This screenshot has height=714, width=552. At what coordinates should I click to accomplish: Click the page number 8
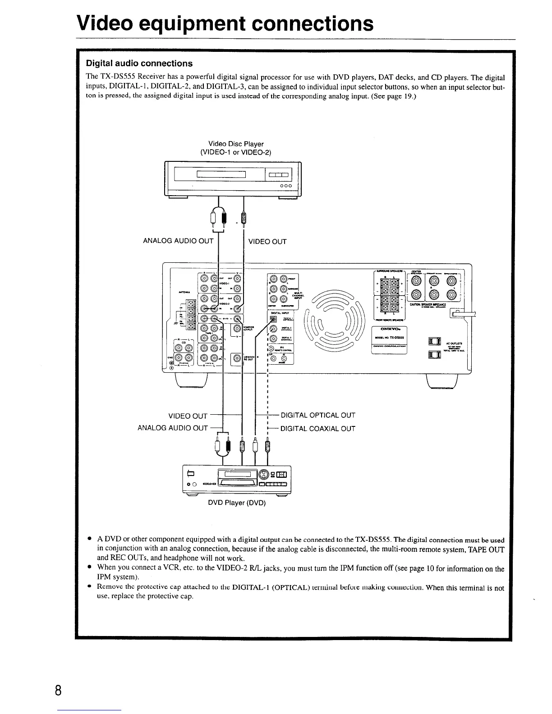pyautogui.click(x=57, y=691)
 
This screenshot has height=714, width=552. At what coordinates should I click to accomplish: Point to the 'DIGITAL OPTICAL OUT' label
pyautogui.click(x=318, y=415)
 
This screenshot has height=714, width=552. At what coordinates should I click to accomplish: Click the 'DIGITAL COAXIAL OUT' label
pyautogui.click(x=318, y=429)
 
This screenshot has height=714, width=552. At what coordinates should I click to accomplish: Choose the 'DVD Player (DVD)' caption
pyautogui.click(x=237, y=503)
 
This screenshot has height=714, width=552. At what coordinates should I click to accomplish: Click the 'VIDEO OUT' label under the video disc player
pyautogui.click(x=267, y=242)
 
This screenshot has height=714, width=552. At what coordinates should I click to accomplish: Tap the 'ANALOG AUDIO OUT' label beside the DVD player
pyautogui.click(x=173, y=428)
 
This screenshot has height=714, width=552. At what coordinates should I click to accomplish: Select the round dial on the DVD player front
pyautogui.click(x=264, y=474)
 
